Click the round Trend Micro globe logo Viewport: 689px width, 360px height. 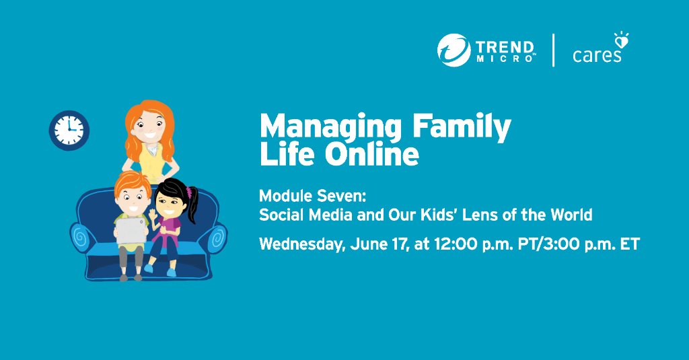(x=454, y=50)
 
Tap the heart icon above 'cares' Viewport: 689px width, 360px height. (x=622, y=41)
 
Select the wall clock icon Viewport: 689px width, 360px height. (x=69, y=130)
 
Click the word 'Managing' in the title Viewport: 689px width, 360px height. (x=330, y=127)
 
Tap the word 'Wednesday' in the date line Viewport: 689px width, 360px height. (x=301, y=244)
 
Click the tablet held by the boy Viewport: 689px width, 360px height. (x=131, y=231)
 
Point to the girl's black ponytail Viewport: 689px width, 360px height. (x=193, y=205)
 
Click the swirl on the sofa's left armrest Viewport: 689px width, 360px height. (x=81, y=238)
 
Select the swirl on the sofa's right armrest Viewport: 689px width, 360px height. (x=217, y=238)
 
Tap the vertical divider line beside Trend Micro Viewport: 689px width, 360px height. (x=554, y=50)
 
